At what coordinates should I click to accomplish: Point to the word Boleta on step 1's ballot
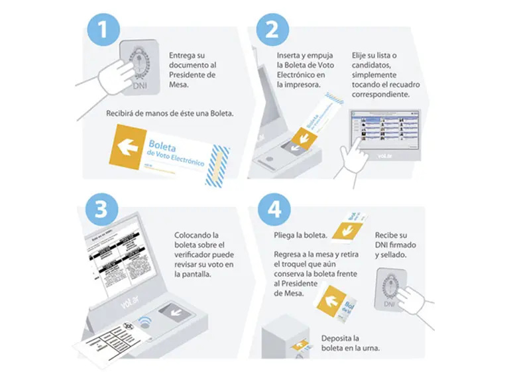163,145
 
